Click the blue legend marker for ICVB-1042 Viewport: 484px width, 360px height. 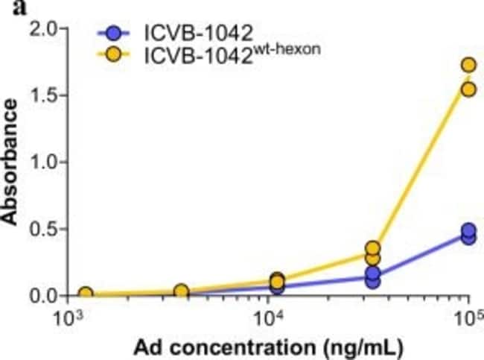[x=112, y=34]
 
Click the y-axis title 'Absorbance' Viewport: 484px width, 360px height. [x=10, y=162]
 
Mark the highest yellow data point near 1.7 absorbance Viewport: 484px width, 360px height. [x=468, y=66]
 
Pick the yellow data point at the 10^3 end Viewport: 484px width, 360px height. [x=86, y=294]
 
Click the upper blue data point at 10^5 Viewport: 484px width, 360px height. [x=468, y=231]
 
